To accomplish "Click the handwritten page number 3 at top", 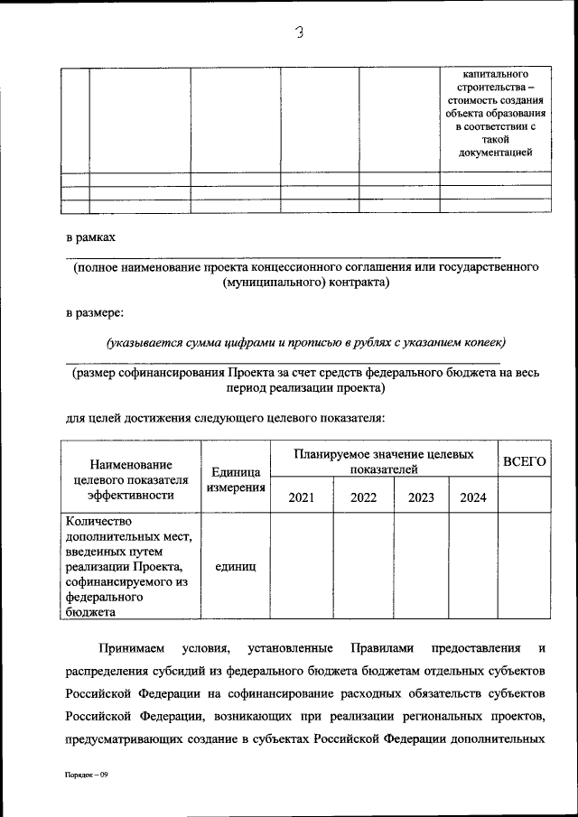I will (x=300, y=33).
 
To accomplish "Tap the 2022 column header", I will (x=363, y=497).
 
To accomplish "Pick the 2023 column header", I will (x=421, y=497).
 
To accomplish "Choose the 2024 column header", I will (x=472, y=497).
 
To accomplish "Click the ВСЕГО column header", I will (x=524, y=460).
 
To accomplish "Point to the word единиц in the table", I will (x=235, y=566).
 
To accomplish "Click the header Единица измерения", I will (x=235, y=479).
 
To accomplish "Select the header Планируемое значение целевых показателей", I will (x=384, y=461).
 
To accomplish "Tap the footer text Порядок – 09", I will (x=86, y=775).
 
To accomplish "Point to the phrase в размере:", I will (x=96, y=313).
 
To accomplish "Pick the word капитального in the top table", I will (x=495, y=73).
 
